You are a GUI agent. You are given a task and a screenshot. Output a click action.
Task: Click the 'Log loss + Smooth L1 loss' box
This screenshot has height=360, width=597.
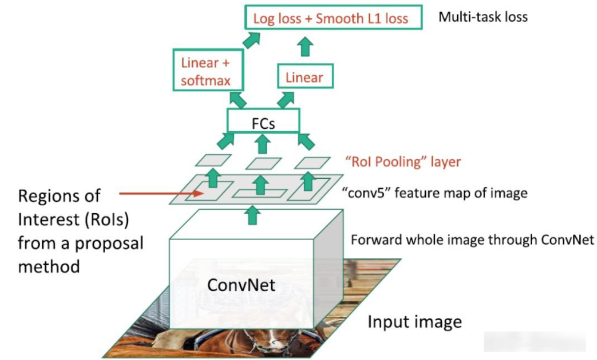click(333, 18)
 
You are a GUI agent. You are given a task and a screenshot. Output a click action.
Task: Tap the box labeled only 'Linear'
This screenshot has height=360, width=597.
click(305, 77)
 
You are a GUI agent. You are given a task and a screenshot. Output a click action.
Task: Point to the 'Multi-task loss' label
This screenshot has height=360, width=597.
click(483, 17)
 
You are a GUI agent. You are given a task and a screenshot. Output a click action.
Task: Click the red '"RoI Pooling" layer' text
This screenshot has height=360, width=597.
click(402, 162)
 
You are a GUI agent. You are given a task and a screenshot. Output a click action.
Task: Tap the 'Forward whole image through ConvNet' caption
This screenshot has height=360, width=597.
click(473, 241)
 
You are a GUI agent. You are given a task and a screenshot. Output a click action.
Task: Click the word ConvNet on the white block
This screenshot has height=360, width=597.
click(241, 284)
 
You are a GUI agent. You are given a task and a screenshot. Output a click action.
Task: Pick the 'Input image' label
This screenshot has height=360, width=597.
click(415, 322)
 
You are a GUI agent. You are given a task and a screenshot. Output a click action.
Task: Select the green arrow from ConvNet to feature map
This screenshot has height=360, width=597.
click(253, 215)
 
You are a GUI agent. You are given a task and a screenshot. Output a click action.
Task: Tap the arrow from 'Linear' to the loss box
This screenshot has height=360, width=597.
click(306, 47)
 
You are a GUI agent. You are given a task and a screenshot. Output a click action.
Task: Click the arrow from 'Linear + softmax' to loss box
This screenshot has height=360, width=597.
click(251, 40)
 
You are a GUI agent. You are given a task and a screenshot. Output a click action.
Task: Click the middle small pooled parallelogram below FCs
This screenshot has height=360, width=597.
click(263, 163)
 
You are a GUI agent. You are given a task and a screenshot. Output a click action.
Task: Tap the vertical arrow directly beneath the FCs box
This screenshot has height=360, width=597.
click(263, 143)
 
